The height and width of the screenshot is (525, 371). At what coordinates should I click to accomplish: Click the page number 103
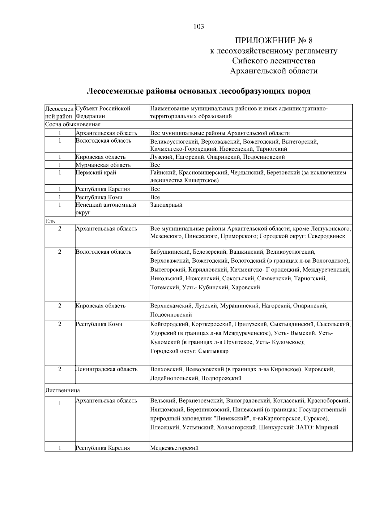(198, 27)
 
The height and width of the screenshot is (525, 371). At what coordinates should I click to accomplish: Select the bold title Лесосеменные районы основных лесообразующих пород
(198, 91)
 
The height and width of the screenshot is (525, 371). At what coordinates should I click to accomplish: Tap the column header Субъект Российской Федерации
(103, 112)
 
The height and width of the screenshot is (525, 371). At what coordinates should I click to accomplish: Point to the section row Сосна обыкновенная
(73, 124)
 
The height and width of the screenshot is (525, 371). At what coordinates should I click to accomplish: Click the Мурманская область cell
(103, 165)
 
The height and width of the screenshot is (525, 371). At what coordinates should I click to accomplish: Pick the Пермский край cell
(96, 173)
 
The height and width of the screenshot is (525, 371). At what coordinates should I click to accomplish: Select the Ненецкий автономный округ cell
(106, 209)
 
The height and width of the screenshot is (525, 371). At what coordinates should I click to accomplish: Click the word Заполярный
(166, 205)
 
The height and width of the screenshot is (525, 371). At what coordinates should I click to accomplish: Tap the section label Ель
(50, 221)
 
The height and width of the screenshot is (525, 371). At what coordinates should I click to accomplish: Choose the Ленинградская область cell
(106, 369)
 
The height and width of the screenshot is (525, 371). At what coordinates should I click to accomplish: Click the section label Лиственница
(62, 390)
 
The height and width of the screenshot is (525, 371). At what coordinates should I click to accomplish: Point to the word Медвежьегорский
(174, 448)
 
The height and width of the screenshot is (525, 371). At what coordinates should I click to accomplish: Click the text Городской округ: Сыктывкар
(189, 351)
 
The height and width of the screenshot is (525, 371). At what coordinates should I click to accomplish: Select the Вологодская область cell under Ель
(103, 252)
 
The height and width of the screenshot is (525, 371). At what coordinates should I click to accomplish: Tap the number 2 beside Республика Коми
(60, 324)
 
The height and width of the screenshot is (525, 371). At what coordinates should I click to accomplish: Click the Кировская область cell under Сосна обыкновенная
(100, 157)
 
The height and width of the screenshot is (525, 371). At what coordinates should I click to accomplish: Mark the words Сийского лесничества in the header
(274, 61)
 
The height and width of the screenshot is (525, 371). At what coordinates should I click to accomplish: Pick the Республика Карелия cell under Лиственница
(103, 448)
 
